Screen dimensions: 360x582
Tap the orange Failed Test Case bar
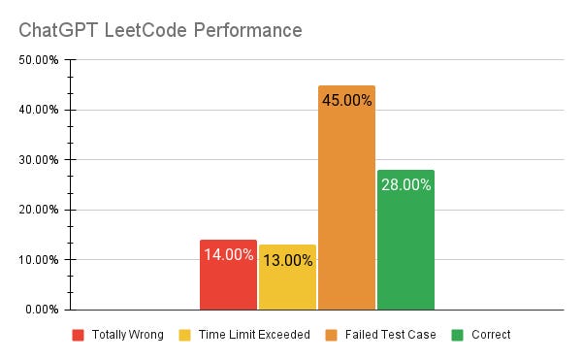point(346,213)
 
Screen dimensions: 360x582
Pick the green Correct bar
point(405,252)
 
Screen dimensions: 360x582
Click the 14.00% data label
point(228,255)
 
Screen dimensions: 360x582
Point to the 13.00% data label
point(287,260)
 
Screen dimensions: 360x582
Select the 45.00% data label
point(346,100)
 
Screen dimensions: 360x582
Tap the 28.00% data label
point(405,184)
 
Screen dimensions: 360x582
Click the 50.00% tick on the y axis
point(40,60)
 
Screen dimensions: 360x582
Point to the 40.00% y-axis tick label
point(40,110)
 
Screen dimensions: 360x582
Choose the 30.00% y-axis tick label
point(40,159)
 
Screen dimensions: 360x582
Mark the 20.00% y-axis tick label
point(40,210)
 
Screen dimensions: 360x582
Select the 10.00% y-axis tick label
point(40,259)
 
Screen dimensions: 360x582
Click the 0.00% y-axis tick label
point(43,310)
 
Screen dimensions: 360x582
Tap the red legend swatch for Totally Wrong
point(78,335)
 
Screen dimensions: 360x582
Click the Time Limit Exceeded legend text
point(254,335)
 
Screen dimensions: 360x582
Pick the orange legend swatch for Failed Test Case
point(331,335)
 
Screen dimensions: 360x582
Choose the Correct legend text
point(491,335)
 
